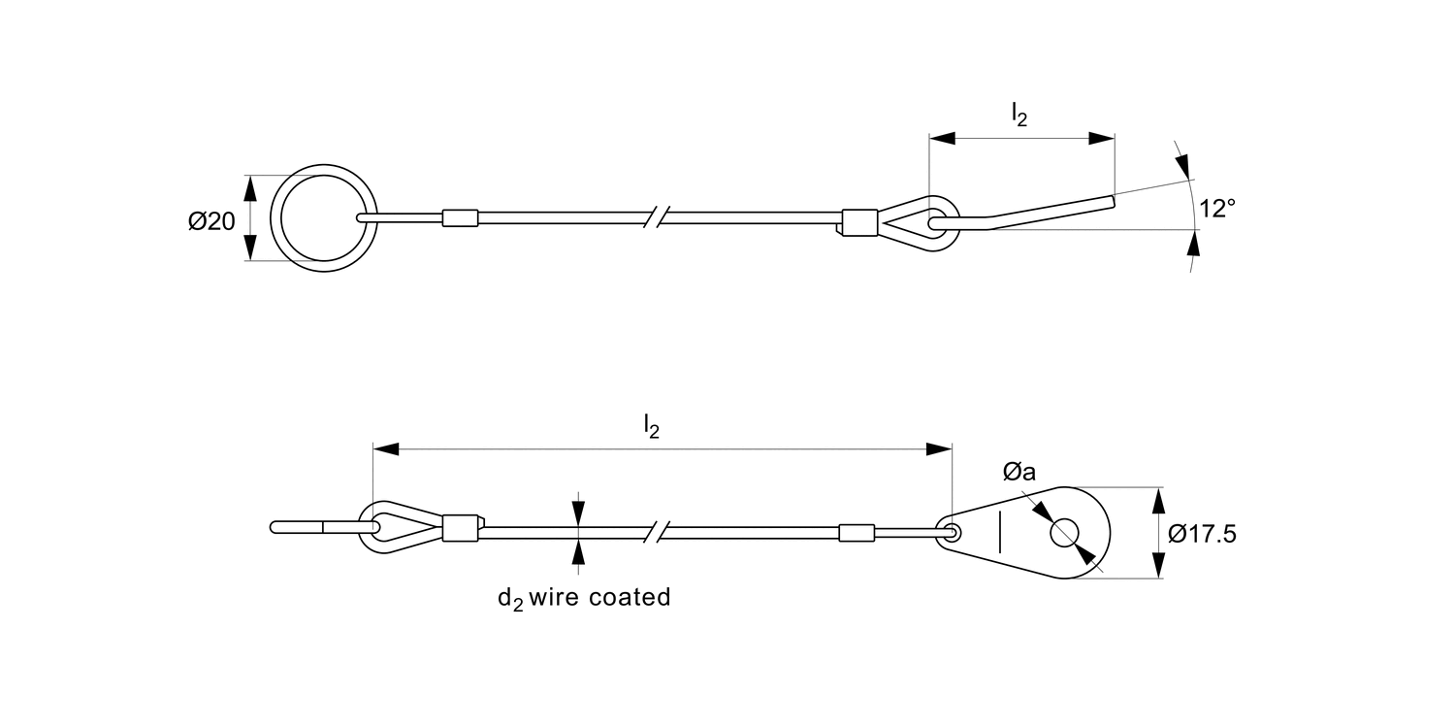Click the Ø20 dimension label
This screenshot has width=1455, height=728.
pyautogui.click(x=211, y=221)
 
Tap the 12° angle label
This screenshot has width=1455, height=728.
pyautogui.click(x=1216, y=209)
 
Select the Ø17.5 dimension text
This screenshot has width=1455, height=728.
pyautogui.click(x=1203, y=534)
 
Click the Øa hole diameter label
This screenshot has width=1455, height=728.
pyautogui.click(x=1019, y=473)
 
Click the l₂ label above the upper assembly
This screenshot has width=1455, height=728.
pyautogui.click(x=1018, y=116)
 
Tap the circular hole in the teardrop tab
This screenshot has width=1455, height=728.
pyautogui.click(x=1064, y=532)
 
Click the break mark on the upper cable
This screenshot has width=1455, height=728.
pyautogui.click(x=660, y=217)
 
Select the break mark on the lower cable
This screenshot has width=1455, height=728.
pyautogui.click(x=660, y=532)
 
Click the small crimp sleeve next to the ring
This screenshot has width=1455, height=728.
pyautogui.click(x=460, y=217)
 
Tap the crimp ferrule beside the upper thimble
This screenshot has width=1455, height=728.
pyautogui.click(x=858, y=222)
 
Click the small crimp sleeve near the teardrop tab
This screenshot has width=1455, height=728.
pyautogui.click(x=856, y=532)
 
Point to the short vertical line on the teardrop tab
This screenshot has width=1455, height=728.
pyautogui.click(x=999, y=532)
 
